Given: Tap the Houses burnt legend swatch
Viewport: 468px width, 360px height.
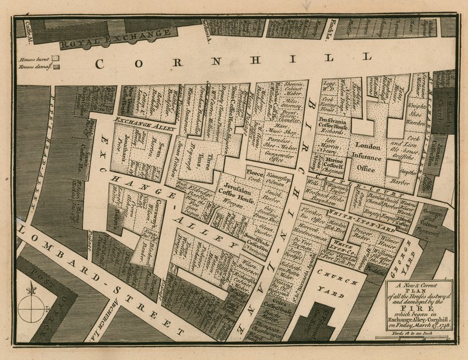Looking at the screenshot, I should pos(56,58).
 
